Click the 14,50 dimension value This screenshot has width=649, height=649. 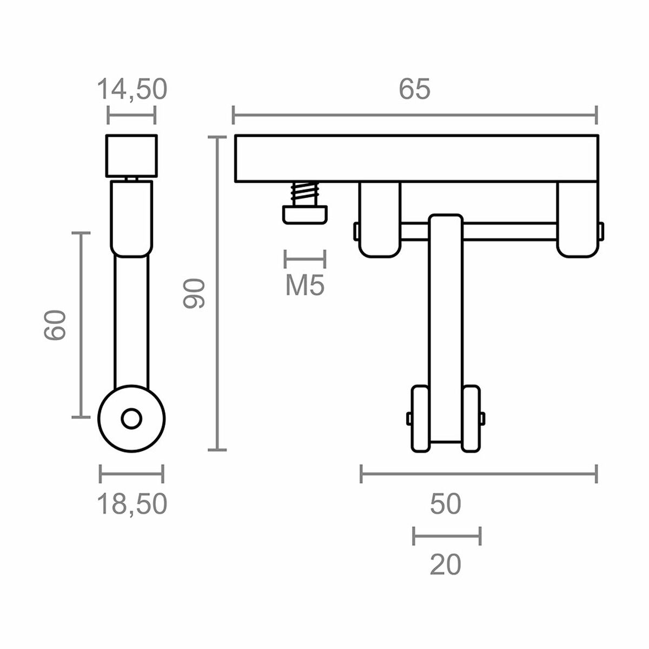coord(132,90)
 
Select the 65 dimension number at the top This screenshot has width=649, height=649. coord(414,90)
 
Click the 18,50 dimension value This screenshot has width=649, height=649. coord(132,505)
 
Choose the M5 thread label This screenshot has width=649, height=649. coord(305,286)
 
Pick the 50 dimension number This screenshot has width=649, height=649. coord(446,504)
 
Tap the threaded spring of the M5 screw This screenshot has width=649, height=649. coord(305,193)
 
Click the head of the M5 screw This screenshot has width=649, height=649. coord(305,214)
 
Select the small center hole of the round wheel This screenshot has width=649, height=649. coord(131,419)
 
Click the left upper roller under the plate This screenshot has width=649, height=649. coord(379,219)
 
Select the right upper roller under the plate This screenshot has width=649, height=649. coord(577,219)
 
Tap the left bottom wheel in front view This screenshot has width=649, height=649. coord(420,419)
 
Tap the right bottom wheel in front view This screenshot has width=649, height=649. coord(471,419)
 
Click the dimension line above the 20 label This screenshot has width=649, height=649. coord(447,536)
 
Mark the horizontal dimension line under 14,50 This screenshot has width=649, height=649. coord(132,115)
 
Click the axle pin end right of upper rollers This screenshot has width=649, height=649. coord(601,231)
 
